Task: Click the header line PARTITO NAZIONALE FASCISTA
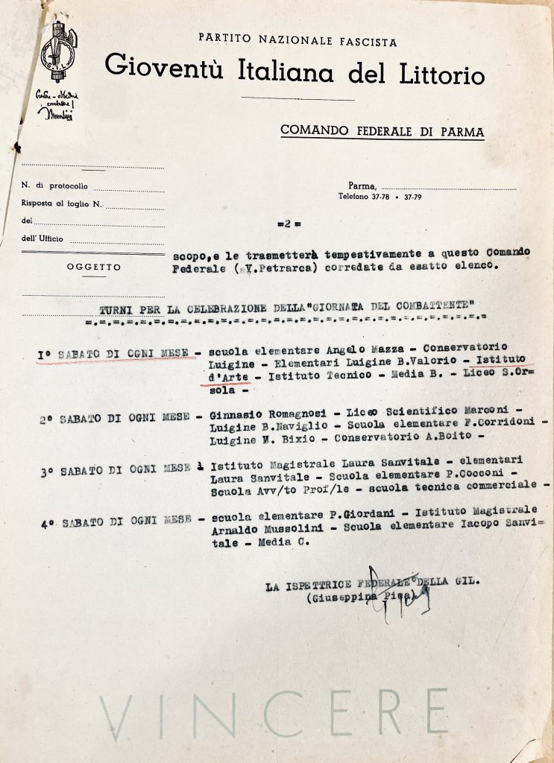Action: (x=298, y=43)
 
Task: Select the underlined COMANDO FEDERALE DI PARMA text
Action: (x=382, y=132)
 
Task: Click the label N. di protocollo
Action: (x=54, y=186)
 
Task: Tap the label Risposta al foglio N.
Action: (x=61, y=203)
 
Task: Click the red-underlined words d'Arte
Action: (x=225, y=377)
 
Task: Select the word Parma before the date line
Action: (x=362, y=186)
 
